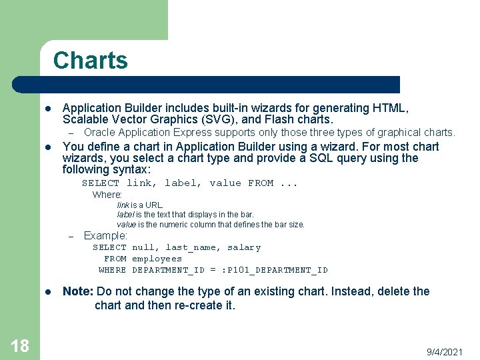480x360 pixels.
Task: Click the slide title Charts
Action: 90,61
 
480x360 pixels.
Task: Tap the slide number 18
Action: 20,345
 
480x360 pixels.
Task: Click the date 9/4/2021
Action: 445,351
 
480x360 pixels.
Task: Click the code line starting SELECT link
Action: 190,183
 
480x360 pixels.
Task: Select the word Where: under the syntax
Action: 107,195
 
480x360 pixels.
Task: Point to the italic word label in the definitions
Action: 125,215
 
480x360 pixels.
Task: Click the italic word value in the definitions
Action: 127,225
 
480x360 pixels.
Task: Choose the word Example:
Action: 105,236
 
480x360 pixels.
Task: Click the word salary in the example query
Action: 244,247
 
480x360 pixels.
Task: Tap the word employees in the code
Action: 157,259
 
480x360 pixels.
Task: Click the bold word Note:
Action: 78,291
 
